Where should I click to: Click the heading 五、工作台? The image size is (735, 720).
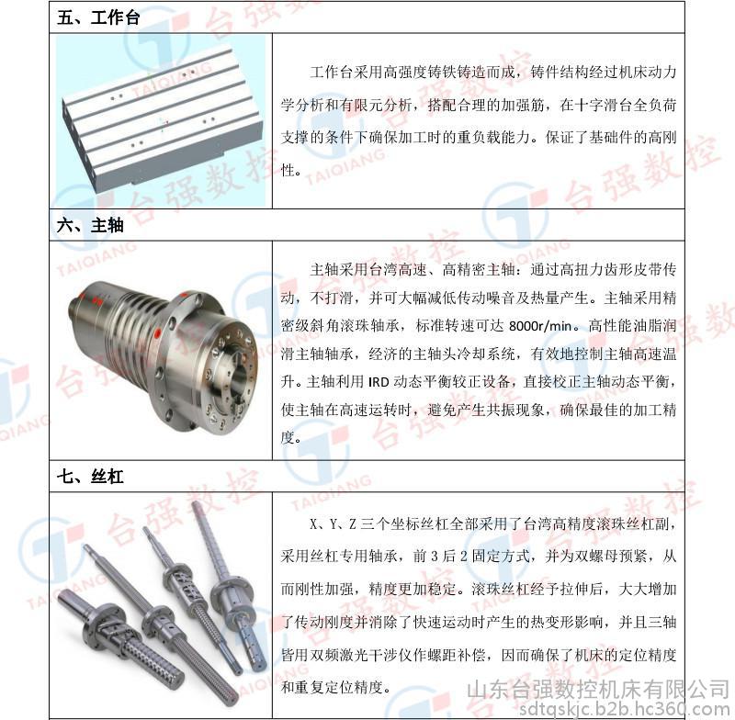tap(98, 17)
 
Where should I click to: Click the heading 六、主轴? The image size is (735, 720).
tap(90, 225)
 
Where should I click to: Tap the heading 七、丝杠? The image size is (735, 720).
tap(90, 477)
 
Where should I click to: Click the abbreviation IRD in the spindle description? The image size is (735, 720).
tap(379, 382)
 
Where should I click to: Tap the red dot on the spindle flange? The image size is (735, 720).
tap(157, 333)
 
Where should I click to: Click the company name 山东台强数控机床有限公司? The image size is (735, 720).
tap(598, 690)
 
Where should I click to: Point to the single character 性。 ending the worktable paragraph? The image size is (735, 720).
tap(290, 170)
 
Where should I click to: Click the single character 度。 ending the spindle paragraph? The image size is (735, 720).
tap(290, 437)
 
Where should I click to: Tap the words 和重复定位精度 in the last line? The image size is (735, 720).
tap(332, 687)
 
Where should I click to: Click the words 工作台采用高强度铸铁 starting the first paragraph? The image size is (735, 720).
tap(383, 72)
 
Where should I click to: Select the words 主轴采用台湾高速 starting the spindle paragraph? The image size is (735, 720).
tap(368, 269)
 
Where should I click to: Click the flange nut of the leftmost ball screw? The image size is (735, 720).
tap(107, 625)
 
